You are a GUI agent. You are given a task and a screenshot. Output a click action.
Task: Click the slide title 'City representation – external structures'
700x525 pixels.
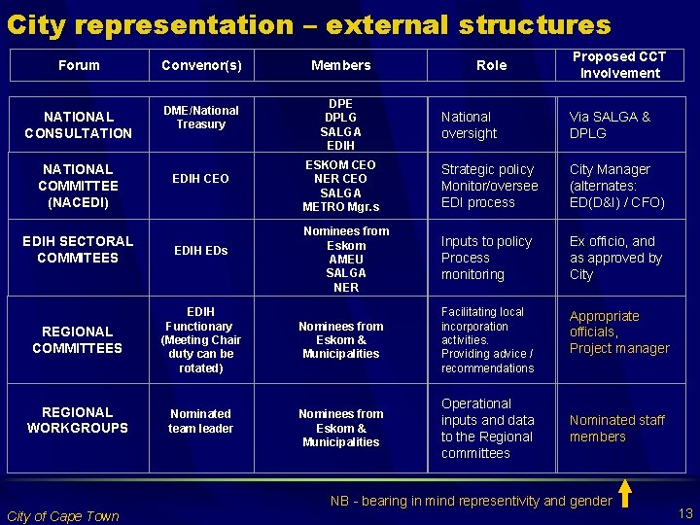click(x=309, y=24)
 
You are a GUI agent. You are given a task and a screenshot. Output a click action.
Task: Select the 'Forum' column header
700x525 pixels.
click(x=79, y=65)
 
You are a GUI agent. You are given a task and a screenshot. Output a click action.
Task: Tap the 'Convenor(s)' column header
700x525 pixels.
click(x=201, y=65)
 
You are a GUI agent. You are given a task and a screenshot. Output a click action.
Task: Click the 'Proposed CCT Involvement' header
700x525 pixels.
click(x=619, y=65)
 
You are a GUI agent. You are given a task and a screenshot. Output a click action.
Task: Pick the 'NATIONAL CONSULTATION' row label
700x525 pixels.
click(x=78, y=124)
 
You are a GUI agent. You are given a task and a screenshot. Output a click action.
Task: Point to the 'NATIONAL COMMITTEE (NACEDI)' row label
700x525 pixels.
click(x=78, y=186)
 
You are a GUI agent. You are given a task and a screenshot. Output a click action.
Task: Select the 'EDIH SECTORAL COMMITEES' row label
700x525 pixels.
click(x=78, y=249)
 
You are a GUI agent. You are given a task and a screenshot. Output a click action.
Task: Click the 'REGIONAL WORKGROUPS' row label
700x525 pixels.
click(x=78, y=420)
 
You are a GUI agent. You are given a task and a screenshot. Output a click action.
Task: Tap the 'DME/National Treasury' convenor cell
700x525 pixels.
click(x=201, y=117)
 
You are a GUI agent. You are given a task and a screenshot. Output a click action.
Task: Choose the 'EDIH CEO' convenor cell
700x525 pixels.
click(x=201, y=179)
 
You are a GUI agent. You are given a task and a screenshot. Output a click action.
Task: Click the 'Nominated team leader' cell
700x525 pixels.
click(x=201, y=421)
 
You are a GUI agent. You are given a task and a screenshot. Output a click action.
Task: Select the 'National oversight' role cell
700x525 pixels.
click(x=469, y=124)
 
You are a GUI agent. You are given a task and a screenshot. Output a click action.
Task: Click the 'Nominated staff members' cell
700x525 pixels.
click(x=616, y=428)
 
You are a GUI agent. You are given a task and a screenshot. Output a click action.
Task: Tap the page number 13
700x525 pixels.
click(x=684, y=513)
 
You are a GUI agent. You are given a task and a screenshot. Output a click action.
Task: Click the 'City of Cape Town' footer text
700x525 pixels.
click(x=62, y=515)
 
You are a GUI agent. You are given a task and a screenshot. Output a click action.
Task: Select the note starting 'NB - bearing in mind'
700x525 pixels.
click(x=471, y=501)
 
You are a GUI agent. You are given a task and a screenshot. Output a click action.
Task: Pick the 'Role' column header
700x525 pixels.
click(x=491, y=65)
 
